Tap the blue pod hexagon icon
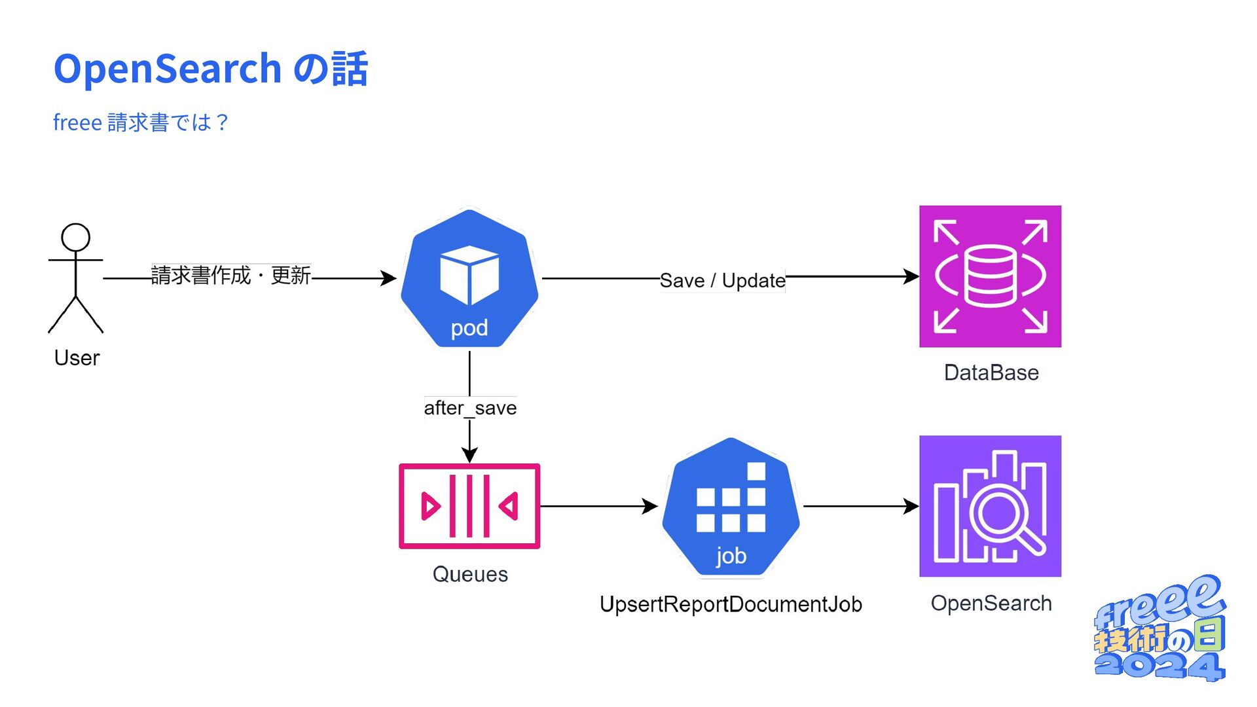(469, 278)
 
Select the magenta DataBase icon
(990, 276)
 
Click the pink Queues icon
(469, 506)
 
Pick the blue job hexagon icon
(731, 507)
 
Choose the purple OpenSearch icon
(990, 506)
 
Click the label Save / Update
(722, 280)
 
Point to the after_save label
(470, 408)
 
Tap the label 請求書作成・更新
(231, 275)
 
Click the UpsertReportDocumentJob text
(731, 604)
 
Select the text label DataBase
(991, 372)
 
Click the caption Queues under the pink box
(470, 574)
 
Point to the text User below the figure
(77, 358)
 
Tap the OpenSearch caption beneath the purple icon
(991, 603)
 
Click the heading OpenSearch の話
(211, 69)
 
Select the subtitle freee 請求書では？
(141, 122)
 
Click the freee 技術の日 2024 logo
(1159, 628)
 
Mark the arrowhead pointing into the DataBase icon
(911, 276)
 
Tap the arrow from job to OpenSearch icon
(861, 506)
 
